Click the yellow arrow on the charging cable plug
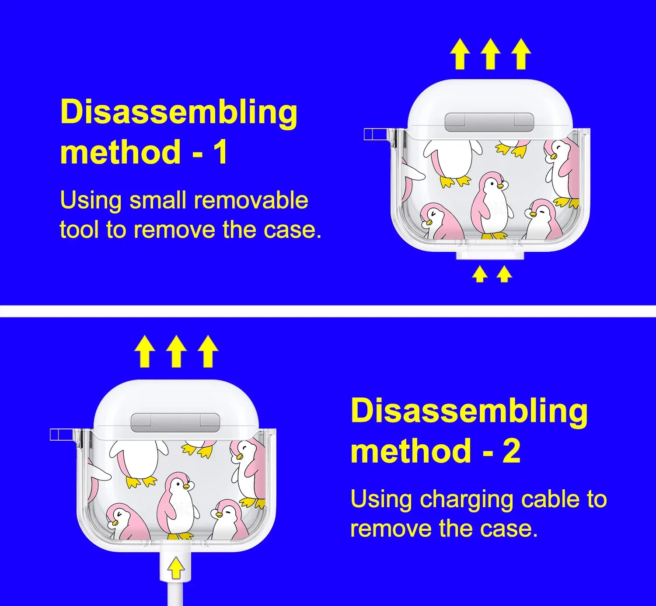click(175, 567)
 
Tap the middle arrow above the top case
click(491, 54)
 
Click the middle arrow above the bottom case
click(177, 351)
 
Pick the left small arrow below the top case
click(480, 275)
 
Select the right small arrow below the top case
click(504, 275)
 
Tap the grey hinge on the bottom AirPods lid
click(175, 423)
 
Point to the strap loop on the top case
click(375, 134)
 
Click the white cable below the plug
click(175, 594)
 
